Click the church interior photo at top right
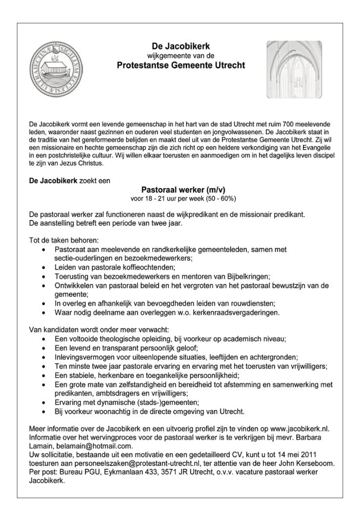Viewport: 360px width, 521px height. (x=295, y=69)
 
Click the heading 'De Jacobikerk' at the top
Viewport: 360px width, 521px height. (x=180, y=47)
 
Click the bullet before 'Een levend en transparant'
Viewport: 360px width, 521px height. (x=45, y=348)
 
